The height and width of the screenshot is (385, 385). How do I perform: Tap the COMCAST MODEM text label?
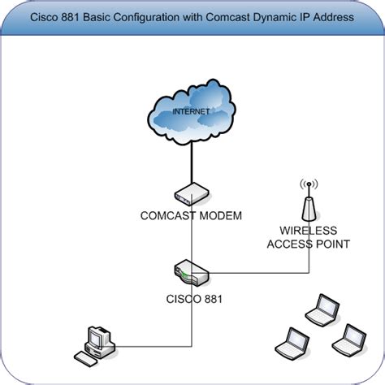coord(192,215)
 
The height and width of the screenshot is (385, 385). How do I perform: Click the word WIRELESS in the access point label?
coord(308,229)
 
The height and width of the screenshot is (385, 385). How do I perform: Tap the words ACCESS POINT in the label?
coord(308,242)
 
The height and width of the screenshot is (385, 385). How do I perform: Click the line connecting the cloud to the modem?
coord(192,162)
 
